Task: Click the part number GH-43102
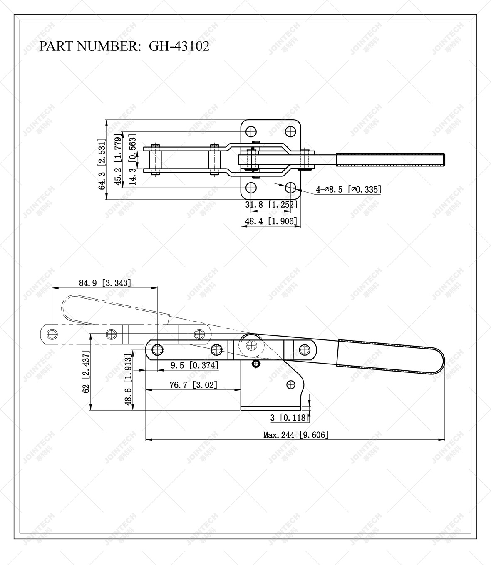coord(179,46)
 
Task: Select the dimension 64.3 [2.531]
coord(102,164)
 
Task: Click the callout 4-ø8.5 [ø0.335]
coord(348,190)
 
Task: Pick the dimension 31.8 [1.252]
coord(271,204)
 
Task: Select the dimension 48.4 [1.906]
coord(271,221)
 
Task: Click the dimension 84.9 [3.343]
coord(105,283)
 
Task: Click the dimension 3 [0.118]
coord(290,417)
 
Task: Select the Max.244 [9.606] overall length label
coord(296,435)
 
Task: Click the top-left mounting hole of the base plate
coord(250,131)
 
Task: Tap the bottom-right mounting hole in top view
coord(290,188)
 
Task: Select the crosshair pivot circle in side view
coord(251,345)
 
